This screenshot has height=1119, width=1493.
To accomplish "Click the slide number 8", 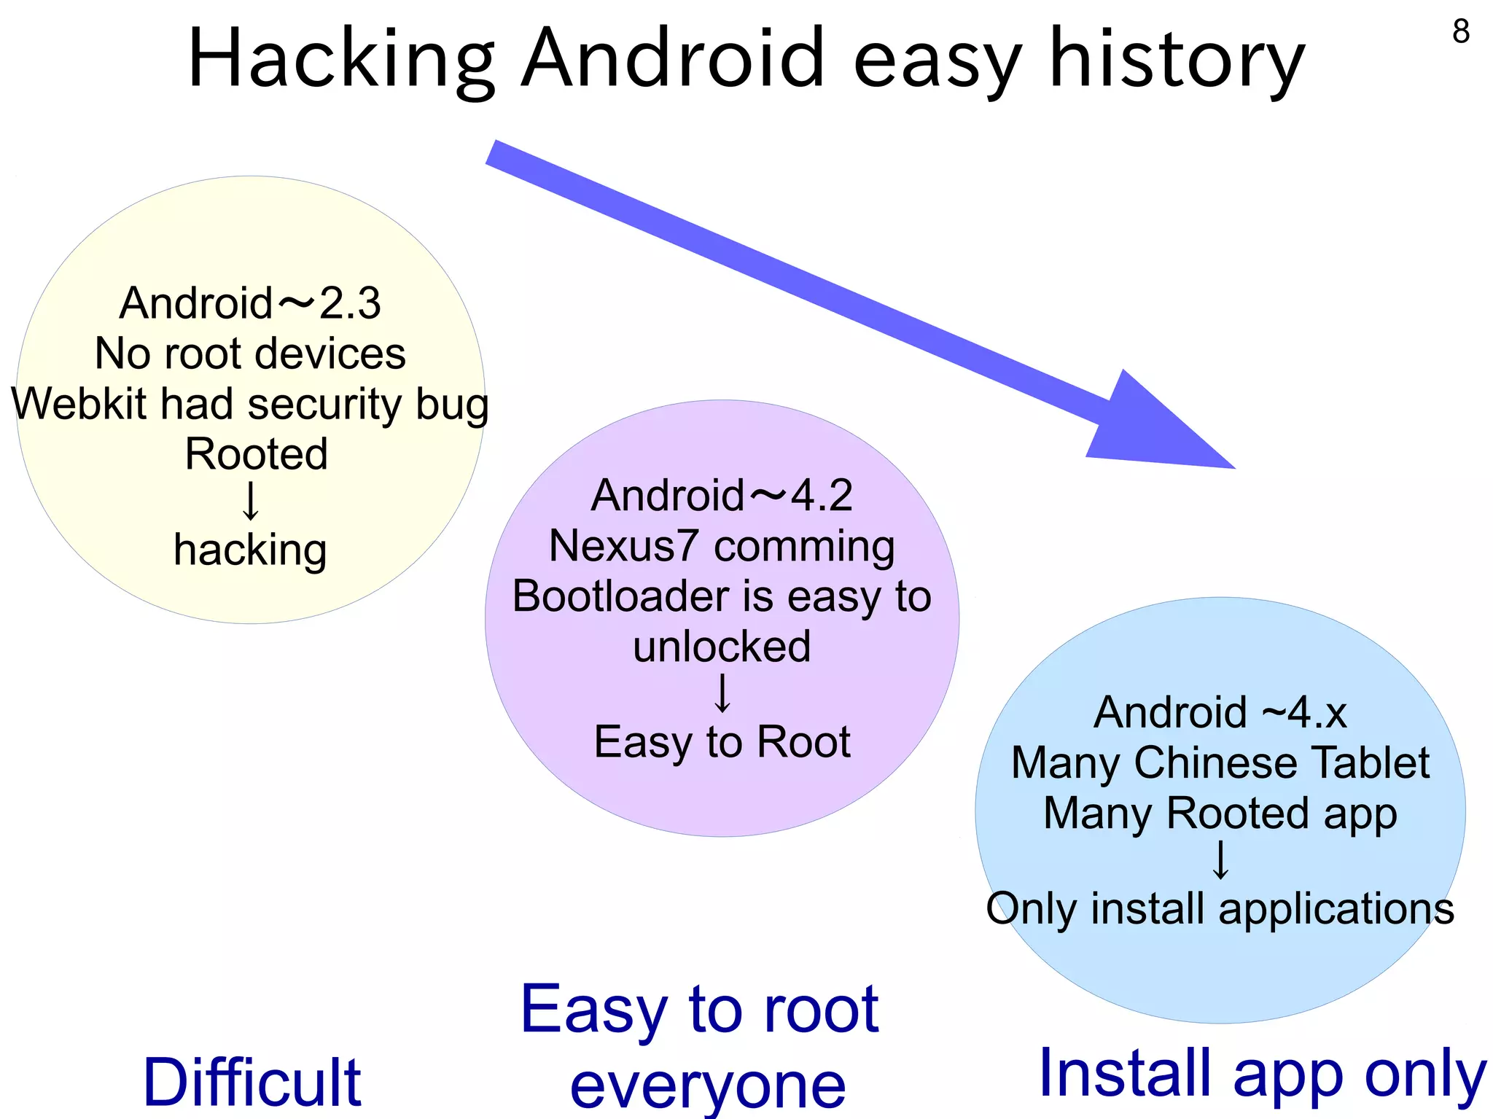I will pyautogui.click(x=1461, y=31).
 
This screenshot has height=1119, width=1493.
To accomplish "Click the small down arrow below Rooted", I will pyautogui.click(x=251, y=501).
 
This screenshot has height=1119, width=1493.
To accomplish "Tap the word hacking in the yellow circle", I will pyautogui.click(x=250, y=550).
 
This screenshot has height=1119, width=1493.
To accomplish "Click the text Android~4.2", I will pyautogui.click(x=722, y=496).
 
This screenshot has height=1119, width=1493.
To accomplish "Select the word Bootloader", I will pyautogui.click(x=621, y=596).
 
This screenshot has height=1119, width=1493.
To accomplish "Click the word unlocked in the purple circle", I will pyautogui.click(x=722, y=647).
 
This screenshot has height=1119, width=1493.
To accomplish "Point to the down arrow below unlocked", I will pyautogui.click(x=722, y=693).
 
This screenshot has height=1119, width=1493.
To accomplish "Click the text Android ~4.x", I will pyautogui.click(x=1220, y=712).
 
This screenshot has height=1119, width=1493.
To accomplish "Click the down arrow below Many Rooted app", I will pyautogui.click(x=1220, y=860).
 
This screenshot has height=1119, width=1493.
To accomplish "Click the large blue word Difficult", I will pyautogui.click(x=252, y=1083).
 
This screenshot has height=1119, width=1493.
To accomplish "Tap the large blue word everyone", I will pyautogui.click(x=707, y=1086).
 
